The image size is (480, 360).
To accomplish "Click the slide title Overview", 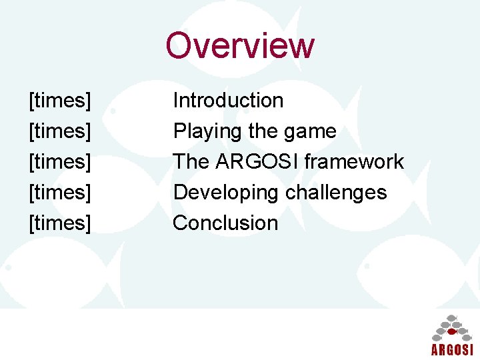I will coord(240,46).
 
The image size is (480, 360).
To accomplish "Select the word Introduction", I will coord(228,101).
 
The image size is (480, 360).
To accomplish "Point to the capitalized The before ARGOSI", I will coord(191,161).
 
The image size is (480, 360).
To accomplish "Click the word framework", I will coord(354,161).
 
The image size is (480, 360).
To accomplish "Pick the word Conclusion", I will coord(225,223).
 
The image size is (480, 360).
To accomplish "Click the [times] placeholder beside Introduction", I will coord(60,101).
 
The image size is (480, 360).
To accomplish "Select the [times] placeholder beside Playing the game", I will coord(60,131).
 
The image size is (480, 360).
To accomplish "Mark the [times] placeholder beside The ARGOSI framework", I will coord(60,161).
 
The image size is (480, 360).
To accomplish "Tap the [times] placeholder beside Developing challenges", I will coord(60,192).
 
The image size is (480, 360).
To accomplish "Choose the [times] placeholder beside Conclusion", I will coord(60,223).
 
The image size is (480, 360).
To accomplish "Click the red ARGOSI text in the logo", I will coord(451,350).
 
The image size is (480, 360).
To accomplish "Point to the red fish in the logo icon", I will coord(451,331).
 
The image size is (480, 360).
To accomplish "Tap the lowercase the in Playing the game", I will coord(263,131).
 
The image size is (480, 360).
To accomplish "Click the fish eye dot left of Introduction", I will coord(114,111).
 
